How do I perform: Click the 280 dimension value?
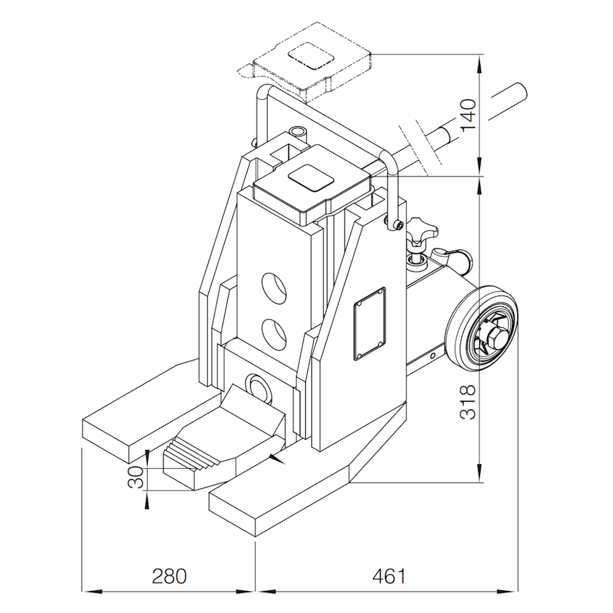[x=169, y=576]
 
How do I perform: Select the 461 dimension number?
[x=389, y=576]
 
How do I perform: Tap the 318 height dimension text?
[x=468, y=402]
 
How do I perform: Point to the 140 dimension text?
[x=468, y=116]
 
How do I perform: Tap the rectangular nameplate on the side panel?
[x=370, y=324]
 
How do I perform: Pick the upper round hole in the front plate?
[x=274, y=287]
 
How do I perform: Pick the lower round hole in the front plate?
[x=274, y=334]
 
